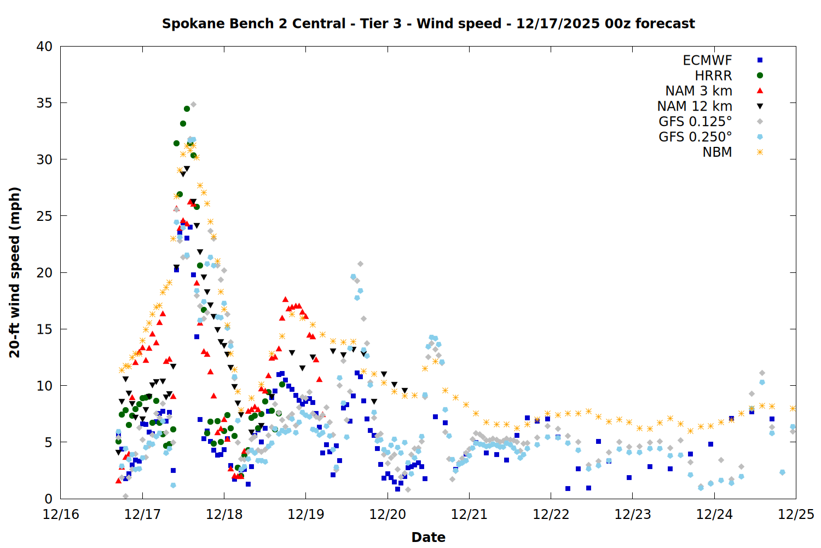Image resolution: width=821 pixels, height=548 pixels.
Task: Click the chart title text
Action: coord(428,24)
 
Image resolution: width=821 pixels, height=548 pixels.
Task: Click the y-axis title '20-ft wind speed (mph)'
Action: coord(15,272)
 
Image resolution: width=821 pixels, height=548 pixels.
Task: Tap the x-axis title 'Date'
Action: coord(428,537)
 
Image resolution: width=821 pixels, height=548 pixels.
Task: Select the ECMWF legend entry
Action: coord(707,60)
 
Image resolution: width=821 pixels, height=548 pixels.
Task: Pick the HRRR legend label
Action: coord(713,76)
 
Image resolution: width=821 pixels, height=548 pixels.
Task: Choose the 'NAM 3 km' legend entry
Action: coord(698,91)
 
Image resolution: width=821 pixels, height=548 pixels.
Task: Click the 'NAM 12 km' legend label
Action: coord(695,106)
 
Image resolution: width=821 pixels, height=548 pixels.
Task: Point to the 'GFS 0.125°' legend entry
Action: coord(695,122)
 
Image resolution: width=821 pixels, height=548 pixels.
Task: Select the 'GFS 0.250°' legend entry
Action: coord(695,137)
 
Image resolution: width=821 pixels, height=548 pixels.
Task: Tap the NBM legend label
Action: coord(717,152)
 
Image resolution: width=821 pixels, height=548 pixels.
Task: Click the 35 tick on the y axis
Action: coord(45,103)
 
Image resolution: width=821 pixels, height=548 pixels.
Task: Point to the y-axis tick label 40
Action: coord(45,47)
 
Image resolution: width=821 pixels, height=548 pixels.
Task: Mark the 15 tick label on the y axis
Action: coord(45,329)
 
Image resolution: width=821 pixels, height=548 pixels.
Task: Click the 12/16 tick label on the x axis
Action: coord(61,515)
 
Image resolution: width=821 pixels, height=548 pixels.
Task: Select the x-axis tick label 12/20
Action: coord(388,515)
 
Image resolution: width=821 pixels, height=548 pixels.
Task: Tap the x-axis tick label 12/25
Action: coord(796,515)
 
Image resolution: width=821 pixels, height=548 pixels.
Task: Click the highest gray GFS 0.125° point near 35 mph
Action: coord(193,104)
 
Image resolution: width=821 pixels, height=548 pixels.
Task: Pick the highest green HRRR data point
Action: coord(187,109)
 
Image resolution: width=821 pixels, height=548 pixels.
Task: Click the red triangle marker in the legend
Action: coord(760,91)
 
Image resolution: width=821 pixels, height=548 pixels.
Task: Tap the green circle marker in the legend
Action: coord(760,76)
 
